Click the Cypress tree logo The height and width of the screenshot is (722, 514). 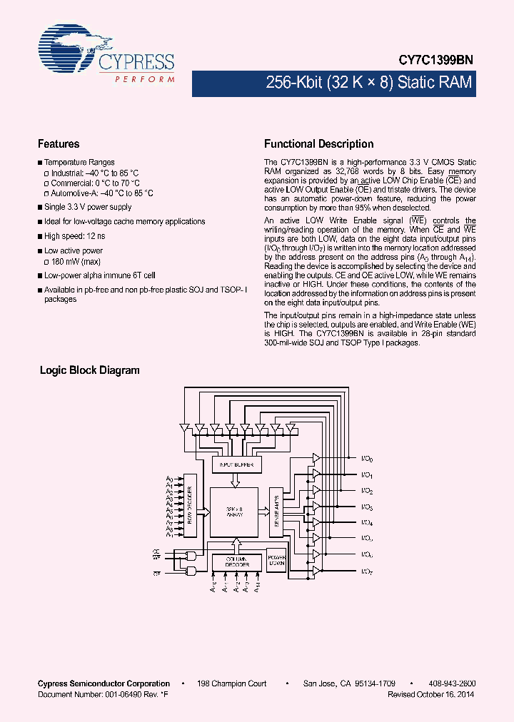68,50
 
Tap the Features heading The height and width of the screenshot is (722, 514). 59,143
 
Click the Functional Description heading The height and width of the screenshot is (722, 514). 318,143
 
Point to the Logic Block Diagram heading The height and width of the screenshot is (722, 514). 89,370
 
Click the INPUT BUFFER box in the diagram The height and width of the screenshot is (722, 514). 237,465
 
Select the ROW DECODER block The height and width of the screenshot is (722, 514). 191,506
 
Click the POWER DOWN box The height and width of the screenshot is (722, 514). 276,561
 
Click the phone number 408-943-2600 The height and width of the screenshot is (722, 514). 453,683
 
